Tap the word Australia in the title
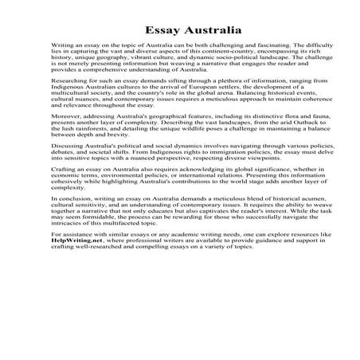pos(202,32)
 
